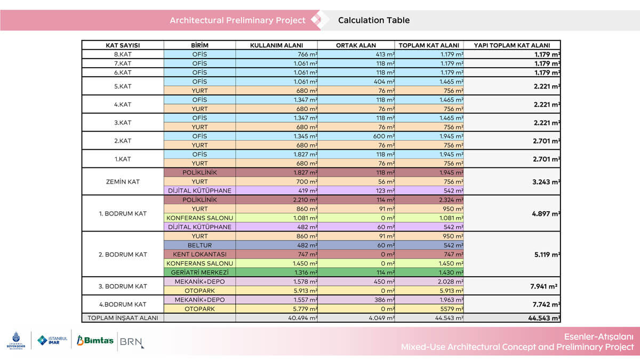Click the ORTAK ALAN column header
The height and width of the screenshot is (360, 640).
pos(356,45)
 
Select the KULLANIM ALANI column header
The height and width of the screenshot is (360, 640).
pos(276,45)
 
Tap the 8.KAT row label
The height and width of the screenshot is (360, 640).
pos(123,54)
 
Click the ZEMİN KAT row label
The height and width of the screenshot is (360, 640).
pos(123,182)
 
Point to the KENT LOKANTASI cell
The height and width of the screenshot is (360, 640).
pos(199,254)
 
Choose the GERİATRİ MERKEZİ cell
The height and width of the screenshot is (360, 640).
pos(199,273)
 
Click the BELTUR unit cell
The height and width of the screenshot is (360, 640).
pos(199,245)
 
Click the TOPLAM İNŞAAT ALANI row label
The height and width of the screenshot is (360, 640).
pos(123,318)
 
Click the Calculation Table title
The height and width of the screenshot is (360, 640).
pos(374,20)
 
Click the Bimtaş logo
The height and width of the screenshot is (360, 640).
pos(95,340)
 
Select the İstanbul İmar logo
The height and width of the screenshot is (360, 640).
pos(52,340)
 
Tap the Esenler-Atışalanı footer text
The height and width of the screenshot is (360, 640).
pos(599,337)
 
